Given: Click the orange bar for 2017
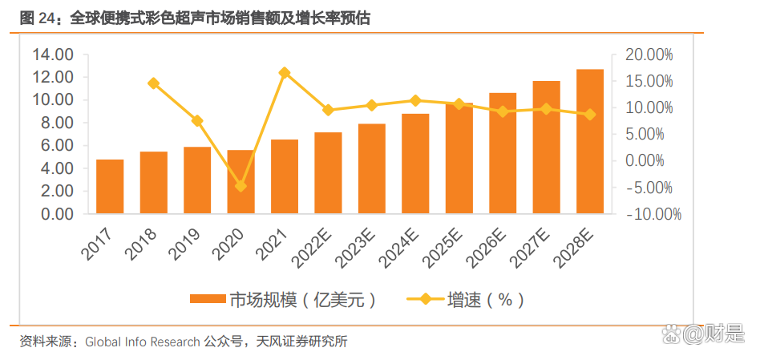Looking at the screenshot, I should [x=110, y=187].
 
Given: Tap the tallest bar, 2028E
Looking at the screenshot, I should [x=590, y=142].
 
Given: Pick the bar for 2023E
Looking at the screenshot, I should [x=372, y=169].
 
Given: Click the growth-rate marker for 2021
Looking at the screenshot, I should [x=285, y=73].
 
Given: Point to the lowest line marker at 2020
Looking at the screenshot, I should [x=241, y=186].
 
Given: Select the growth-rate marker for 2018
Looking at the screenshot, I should [x=153, y=83].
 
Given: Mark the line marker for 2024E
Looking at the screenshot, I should [x=415, y=100].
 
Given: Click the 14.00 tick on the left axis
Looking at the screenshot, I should [x=53, y=55].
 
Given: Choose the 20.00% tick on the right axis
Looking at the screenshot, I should [x=649, y=55].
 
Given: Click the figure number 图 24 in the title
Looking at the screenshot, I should [x=34, y=17].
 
